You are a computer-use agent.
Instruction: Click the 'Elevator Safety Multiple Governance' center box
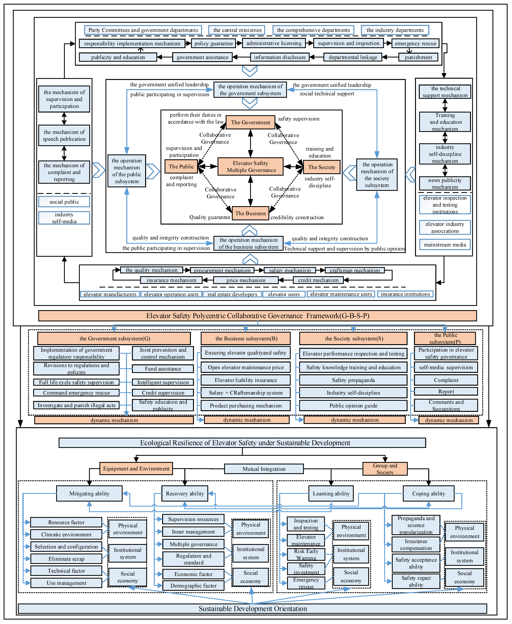coord(250,166)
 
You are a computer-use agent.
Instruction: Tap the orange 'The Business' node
coord(250,213)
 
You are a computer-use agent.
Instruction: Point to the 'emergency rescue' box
coord(415,43)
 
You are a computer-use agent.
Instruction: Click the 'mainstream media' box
coord(445,245)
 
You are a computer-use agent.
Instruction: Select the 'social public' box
coord(64,202)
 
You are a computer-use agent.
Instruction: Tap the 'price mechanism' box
coord(246,280)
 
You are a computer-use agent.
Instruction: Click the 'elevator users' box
coord(284,294)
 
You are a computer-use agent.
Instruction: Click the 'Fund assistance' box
coord(163,369)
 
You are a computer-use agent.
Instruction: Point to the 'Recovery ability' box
coord(185,494)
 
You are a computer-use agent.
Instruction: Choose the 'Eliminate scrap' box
coord(66,559)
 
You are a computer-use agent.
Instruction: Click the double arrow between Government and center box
coord(250,143)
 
